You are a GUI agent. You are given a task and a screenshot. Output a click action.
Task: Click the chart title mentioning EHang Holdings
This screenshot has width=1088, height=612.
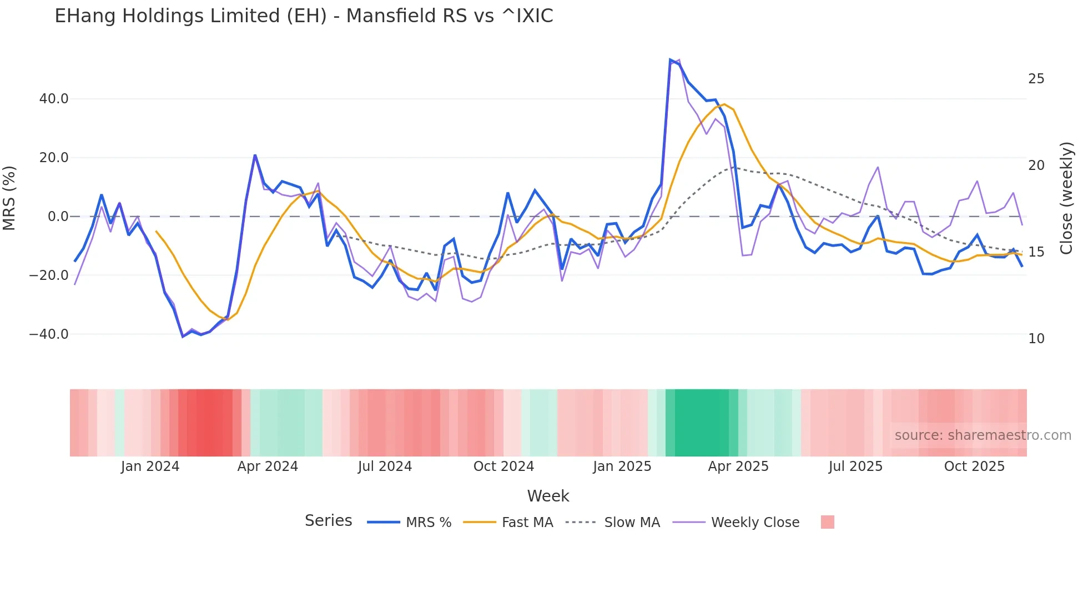(304, 16)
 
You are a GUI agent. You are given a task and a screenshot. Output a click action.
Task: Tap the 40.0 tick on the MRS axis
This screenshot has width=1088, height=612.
(53, 99)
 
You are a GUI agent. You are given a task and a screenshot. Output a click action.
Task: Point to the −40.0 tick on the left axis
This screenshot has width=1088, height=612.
(49, 334)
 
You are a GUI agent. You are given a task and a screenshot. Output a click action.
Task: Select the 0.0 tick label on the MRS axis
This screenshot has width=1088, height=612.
(58, 217)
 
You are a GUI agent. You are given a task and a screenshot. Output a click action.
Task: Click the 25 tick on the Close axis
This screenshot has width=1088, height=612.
(1036, 79)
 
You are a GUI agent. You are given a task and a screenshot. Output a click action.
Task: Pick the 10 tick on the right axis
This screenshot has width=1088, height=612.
(1036, 339)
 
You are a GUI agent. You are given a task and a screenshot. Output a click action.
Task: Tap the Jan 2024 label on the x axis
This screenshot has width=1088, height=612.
(150, 466)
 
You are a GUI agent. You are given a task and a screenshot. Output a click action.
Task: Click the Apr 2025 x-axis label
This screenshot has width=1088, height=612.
(738, 466)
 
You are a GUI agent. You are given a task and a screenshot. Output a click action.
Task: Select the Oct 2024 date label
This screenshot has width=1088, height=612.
(503, 466)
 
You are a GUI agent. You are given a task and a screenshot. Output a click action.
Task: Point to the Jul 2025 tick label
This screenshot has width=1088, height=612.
(855, 466)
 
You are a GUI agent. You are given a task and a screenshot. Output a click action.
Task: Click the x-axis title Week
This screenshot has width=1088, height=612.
(548, 496)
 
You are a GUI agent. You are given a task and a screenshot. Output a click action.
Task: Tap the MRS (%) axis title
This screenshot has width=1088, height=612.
(9, 198)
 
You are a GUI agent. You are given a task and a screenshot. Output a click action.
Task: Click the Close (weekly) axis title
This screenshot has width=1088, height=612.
(1066, 198)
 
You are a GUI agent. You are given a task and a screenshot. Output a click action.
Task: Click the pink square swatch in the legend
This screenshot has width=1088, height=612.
(827, 522)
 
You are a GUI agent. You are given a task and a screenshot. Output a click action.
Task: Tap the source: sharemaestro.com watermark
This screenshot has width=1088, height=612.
(983, 435)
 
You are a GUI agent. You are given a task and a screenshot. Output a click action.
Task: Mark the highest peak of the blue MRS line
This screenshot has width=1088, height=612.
(671, 59)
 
